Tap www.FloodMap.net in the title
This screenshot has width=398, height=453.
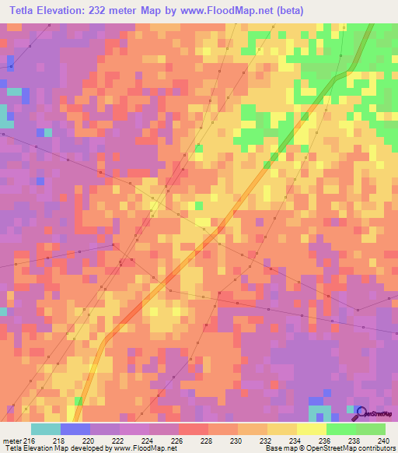[225, 11]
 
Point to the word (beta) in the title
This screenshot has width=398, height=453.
[288, 11]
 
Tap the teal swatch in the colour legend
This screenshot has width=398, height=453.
[46, 429]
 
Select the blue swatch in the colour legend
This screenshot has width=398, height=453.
[75, 429]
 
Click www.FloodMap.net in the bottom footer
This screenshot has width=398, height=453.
[145, 448]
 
